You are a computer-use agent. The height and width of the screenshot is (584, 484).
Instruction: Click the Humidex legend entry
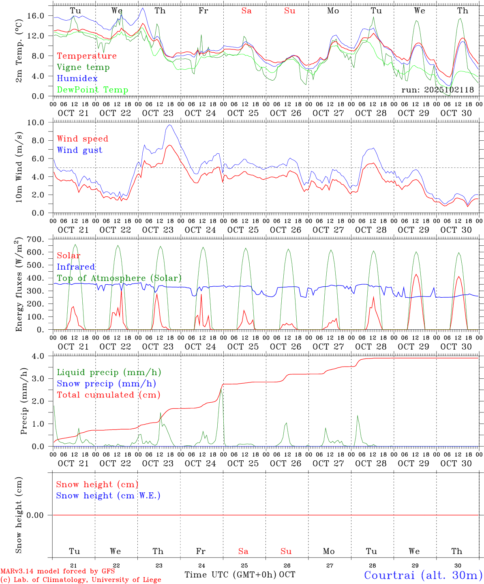click(77, 79)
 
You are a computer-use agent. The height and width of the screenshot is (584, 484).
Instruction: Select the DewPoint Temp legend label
click(92, 90)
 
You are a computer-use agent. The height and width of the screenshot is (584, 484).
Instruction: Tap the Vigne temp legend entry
click(83, 67)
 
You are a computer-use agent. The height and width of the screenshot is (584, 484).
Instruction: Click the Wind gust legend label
click(79, 150)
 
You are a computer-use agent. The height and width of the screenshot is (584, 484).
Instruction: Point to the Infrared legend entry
click(76, 267)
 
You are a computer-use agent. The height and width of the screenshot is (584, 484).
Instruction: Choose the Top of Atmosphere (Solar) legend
click(119, 278)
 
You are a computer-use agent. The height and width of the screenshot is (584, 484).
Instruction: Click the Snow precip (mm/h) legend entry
click(106, 384)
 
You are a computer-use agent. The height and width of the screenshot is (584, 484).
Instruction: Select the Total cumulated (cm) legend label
click(108, 395)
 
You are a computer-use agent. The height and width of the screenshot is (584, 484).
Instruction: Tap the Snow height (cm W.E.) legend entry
click(108, 496)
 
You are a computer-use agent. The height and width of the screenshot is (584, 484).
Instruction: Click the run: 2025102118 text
click(437, 90)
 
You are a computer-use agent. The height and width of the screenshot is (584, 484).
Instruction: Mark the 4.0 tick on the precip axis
click(39, 356)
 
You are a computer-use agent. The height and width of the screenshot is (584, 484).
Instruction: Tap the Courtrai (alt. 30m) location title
click(423, 575)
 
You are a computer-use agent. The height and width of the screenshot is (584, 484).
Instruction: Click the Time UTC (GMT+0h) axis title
click(231, 575)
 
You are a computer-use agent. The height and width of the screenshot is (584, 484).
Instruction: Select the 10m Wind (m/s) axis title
click(19, 167)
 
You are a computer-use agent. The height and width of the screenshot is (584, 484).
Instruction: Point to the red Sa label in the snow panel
click(243, 551)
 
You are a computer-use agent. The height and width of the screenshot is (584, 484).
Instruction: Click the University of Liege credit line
click(81, 580)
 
